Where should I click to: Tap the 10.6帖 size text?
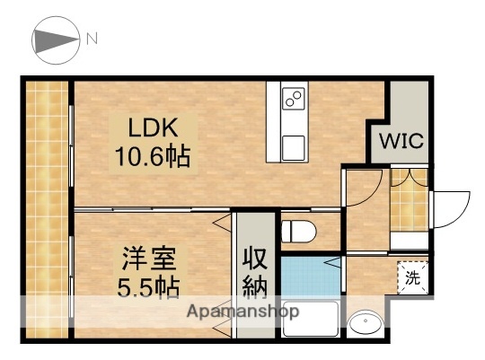tap(151, 158)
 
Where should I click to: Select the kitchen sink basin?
tap(293, 145)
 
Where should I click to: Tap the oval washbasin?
tap(366, 322)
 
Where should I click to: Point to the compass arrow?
tap(57, 40)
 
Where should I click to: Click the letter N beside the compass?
tap(92, 39)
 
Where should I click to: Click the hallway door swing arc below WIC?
tap(365, 190)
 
